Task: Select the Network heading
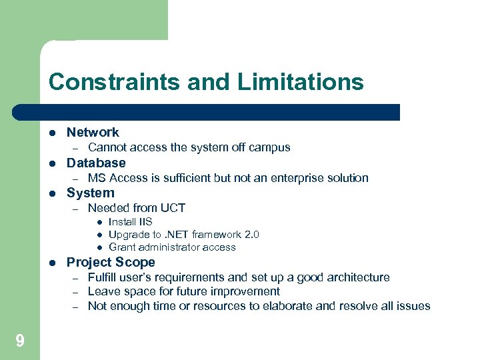[x=93, y=133]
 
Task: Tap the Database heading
[x=96, y=163]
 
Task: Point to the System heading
[x=91, y=193]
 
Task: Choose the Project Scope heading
[x=111, y=262]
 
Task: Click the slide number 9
[x=19, y=341]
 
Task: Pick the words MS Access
[x=118, y=178]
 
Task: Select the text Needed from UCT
[x=137, y=208]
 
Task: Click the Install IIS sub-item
[x=130, y=222]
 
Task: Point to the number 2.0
[x=251, y=235]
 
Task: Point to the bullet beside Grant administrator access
[x=97, y=247]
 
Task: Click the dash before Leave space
[x=76, y=292]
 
